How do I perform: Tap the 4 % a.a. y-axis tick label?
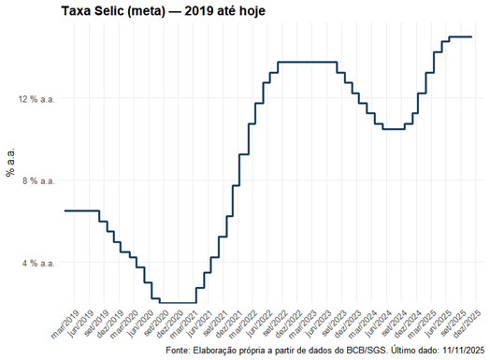pyautogui.click(x=36, y=263)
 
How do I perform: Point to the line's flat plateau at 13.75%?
pyautogui.click(x=309, y=62)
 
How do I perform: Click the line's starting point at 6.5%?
pyautogui.click(x=65, y=210)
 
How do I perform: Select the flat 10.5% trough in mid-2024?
pyautogui.click(x=393, y=129)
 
